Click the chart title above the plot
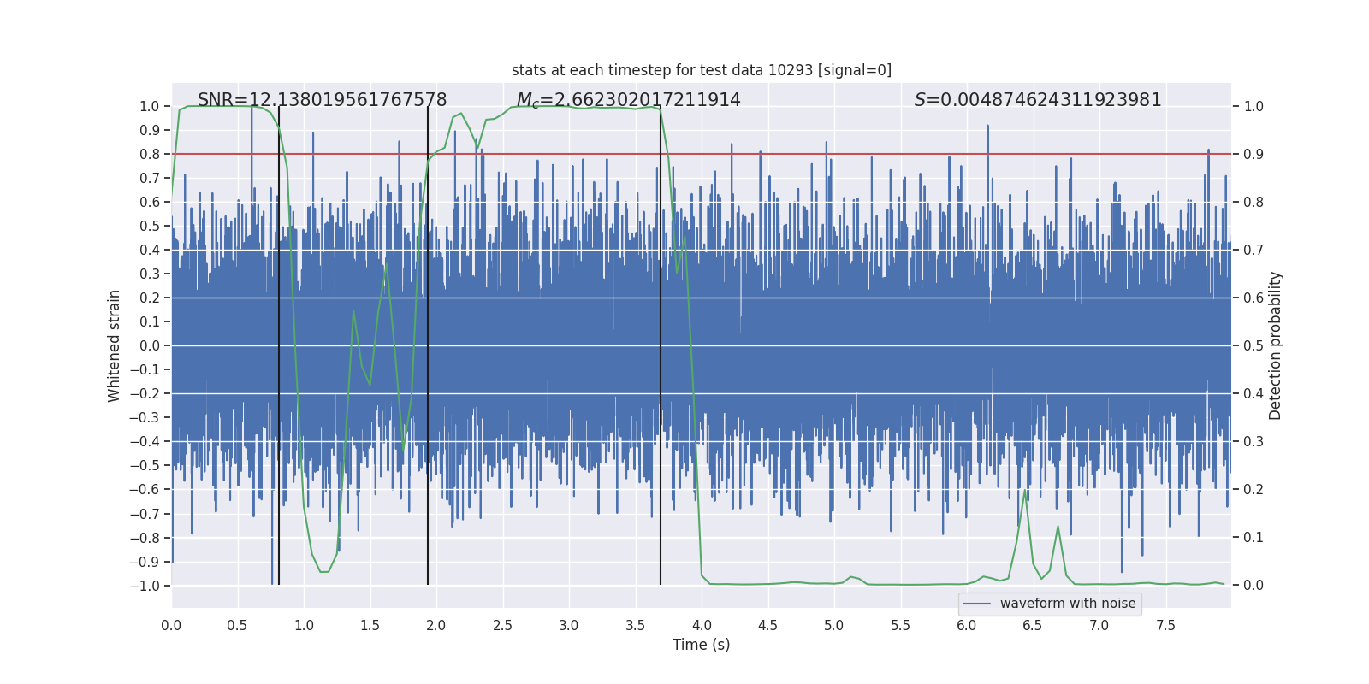702,70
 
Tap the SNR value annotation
322,100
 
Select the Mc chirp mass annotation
628,100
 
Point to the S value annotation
1037,100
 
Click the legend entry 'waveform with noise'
1067,604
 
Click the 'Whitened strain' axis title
115,345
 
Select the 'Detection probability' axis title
1276,345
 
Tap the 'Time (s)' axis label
701,645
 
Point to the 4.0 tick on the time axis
702,625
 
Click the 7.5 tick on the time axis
1165,625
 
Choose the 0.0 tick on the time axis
171,625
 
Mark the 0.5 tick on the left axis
150,226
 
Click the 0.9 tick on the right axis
1253,154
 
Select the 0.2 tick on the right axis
1253,489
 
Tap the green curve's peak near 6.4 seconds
1025,491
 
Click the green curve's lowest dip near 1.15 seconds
324,571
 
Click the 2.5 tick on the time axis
502,625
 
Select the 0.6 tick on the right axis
1253,298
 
